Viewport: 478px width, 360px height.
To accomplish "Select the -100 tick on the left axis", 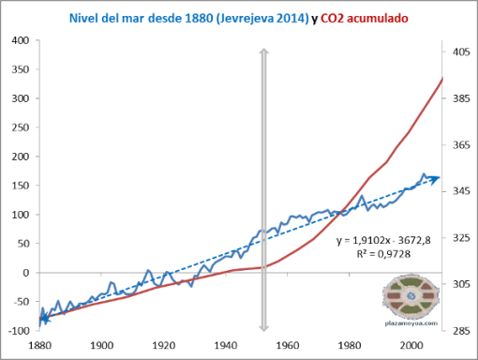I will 16,331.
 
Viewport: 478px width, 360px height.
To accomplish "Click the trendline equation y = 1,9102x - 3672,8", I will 379,241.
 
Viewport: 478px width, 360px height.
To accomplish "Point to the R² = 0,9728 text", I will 379,255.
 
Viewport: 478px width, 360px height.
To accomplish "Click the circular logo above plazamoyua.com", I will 410,297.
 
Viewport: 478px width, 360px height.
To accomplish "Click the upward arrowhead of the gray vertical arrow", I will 263,49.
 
